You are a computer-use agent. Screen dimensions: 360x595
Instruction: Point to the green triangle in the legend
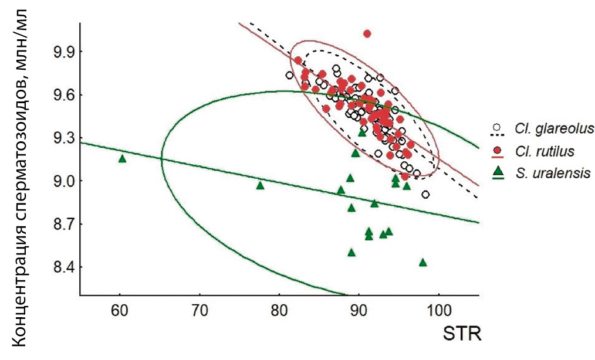tap(498, 171)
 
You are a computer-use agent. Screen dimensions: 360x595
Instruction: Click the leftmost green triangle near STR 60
tap(122, 158)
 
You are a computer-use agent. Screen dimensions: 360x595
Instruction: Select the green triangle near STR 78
tap(260, 185)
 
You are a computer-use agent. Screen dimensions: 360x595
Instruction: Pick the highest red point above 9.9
tap(367, 33)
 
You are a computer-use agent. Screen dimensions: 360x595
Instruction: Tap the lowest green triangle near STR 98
tap(422, 262)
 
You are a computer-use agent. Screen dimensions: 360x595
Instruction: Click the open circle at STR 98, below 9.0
tap(425, 195)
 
